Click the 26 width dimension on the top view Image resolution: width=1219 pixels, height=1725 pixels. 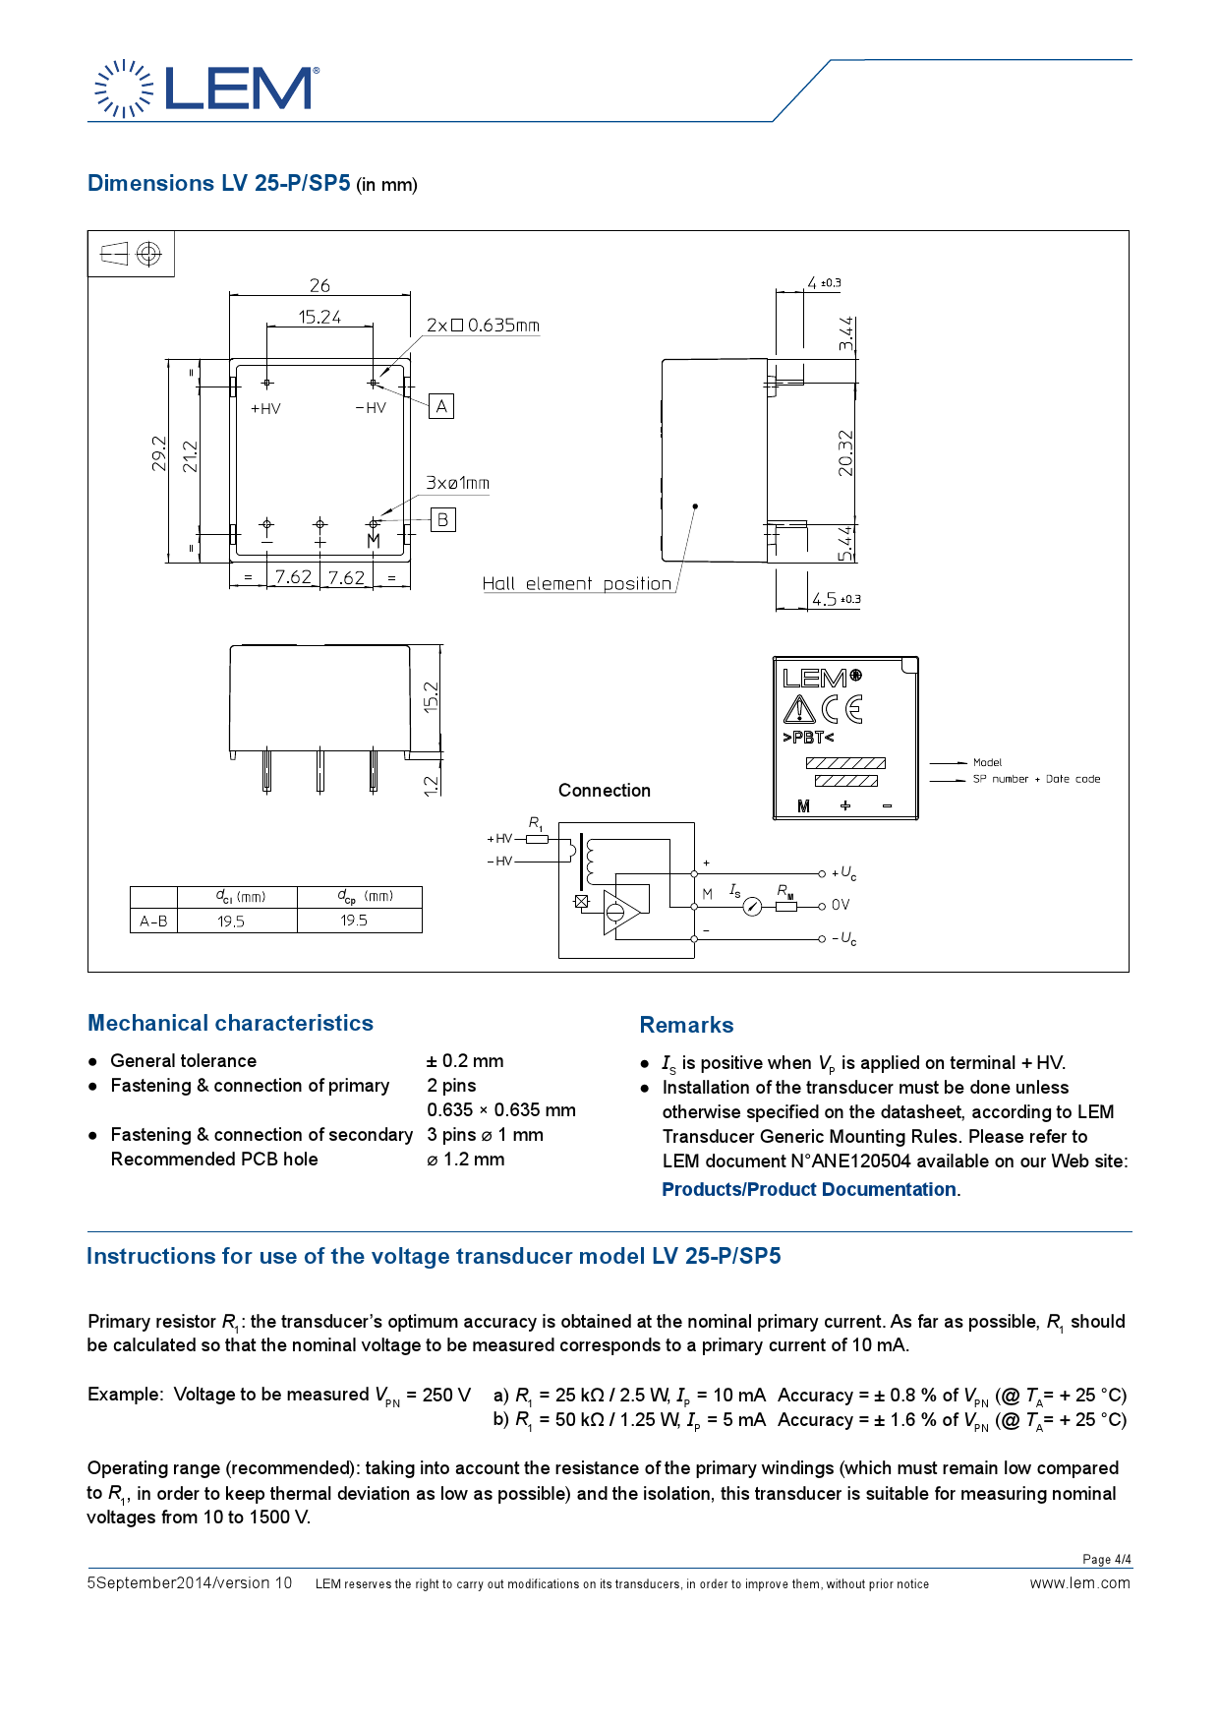(x=319, y=285)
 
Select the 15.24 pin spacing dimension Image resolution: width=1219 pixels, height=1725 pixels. (x=319, y=317)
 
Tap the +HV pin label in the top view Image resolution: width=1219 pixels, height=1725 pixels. (x=265, y=409)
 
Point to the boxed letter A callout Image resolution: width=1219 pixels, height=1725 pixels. (x=441, y=406)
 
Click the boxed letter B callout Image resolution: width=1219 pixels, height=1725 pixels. (x=442, y=519)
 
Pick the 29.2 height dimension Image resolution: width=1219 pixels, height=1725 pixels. (x=159, y=453)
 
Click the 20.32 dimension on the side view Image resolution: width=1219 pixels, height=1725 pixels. (x=845, y=453)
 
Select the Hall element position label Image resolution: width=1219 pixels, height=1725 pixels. (x=576, y=583)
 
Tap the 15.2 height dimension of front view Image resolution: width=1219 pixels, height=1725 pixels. (x=431, y=696)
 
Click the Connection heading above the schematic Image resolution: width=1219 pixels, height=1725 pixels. (x=604, y=791)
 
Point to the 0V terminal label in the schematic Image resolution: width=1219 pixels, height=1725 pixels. (x=841, y=905)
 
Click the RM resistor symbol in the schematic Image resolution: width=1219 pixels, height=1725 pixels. (x=785, y=906)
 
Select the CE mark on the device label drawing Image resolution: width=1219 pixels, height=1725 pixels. (x=842, y=709)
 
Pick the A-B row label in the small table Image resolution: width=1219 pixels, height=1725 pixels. (x=153, y=922)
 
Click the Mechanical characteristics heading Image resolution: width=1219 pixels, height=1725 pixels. (x=230, y=1023)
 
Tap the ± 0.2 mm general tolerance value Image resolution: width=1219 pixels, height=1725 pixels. (x=464, y=1061)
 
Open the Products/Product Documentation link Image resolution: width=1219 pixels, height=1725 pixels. (x=809, y=1190)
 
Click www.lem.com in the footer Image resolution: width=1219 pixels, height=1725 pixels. (x=1079, y=1583)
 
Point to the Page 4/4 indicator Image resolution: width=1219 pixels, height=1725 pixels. (x=1106, y=1560)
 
